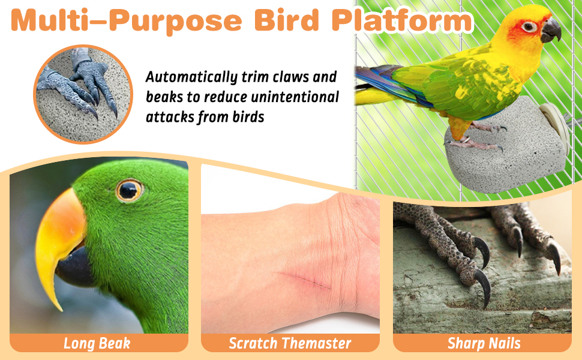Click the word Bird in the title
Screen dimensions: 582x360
point(287,20)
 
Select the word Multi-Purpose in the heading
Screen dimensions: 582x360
point(127,21)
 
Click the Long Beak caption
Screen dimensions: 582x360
point(97,343)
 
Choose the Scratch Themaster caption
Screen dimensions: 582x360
point(290,343)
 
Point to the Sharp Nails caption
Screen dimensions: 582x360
point(484,343)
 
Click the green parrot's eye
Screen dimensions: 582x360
point(129,190)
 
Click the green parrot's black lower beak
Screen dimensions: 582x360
point(74,267)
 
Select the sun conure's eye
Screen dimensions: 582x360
point(529,26)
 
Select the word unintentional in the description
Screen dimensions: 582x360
point(295,97)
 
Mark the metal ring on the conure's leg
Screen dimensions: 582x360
point(465,140)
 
